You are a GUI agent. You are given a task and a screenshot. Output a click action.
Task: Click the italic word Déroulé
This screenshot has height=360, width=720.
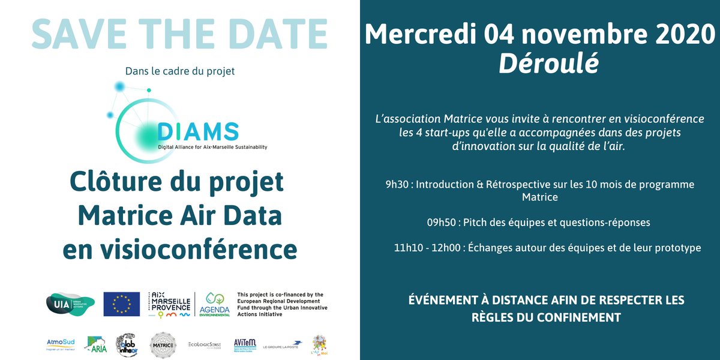click(x=548, y=64)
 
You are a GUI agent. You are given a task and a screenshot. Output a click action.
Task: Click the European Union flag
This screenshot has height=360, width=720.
click(x=121, y=304)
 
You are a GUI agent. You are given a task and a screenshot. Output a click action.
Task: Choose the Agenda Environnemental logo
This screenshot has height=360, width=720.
click(x=218, y=304)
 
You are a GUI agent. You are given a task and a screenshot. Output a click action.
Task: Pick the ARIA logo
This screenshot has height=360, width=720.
click(x=95, y=344)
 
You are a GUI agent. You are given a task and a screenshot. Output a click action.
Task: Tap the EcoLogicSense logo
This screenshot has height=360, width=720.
click(x=205, y=345)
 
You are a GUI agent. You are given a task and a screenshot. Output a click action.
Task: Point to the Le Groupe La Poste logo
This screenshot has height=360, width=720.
click(x=283, y=345)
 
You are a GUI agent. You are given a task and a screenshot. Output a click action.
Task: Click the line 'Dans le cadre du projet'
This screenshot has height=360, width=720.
click(x=179, y=71)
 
